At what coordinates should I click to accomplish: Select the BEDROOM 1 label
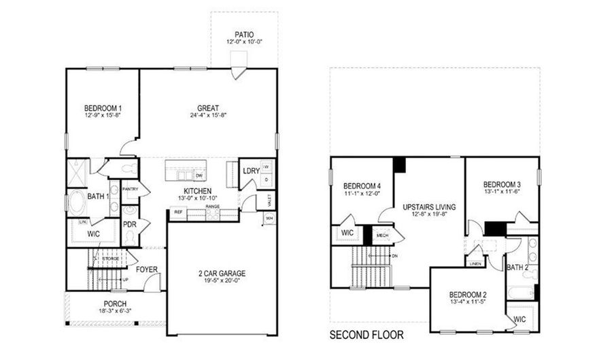tap(103, 108)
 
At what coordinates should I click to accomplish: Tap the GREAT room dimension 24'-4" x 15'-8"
tap(207, 116)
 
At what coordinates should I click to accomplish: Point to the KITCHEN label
tap(197, 191)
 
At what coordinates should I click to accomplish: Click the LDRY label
tap(251, 171)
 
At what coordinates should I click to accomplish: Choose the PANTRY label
tap(131, 189)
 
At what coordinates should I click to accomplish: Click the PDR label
tap(130, 223)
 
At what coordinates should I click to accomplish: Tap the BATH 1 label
tap(99, 197)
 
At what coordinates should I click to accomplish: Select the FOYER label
tap(147, 269)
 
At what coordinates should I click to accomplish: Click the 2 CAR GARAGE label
tap(222, 274)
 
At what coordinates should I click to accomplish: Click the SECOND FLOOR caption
tap(367, 335)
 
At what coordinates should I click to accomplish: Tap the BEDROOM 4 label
tap(362, 186)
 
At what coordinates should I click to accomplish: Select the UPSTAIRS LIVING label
tap(428, 206)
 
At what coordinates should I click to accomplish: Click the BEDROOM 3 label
tap(502, 184)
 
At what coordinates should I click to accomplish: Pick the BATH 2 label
tap(517, 267)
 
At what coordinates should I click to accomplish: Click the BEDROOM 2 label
tap(467, 294)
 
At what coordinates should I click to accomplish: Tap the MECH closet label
tap(382, 235)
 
